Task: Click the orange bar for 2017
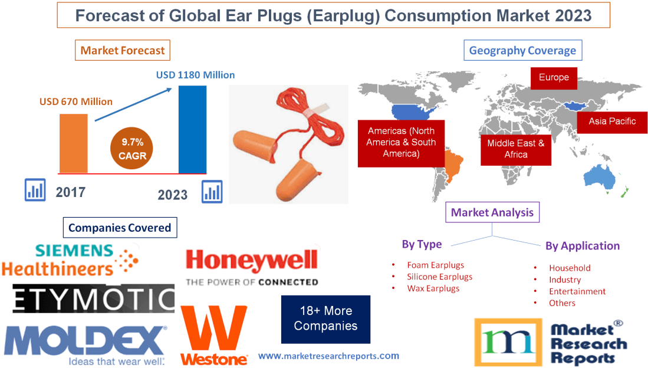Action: (73, 143)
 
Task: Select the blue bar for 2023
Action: (192, 129)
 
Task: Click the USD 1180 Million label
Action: (195, 75)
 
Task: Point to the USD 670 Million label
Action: (76, 101)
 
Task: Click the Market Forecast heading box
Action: (123, 50)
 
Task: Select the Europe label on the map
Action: (553, 78)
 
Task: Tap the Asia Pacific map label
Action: (612, 121)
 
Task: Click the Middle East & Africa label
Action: (515, 149)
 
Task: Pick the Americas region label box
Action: (401, 142)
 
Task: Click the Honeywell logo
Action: (252, 267)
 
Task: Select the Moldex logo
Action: (85, 346)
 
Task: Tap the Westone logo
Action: (214, 336)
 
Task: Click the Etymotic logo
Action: (94, 298)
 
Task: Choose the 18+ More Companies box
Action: (325, 318)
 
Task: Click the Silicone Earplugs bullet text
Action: (439, 277)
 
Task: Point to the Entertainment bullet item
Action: (577, 291)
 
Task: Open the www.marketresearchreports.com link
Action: (328, 356)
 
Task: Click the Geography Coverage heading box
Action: (522, 50)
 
